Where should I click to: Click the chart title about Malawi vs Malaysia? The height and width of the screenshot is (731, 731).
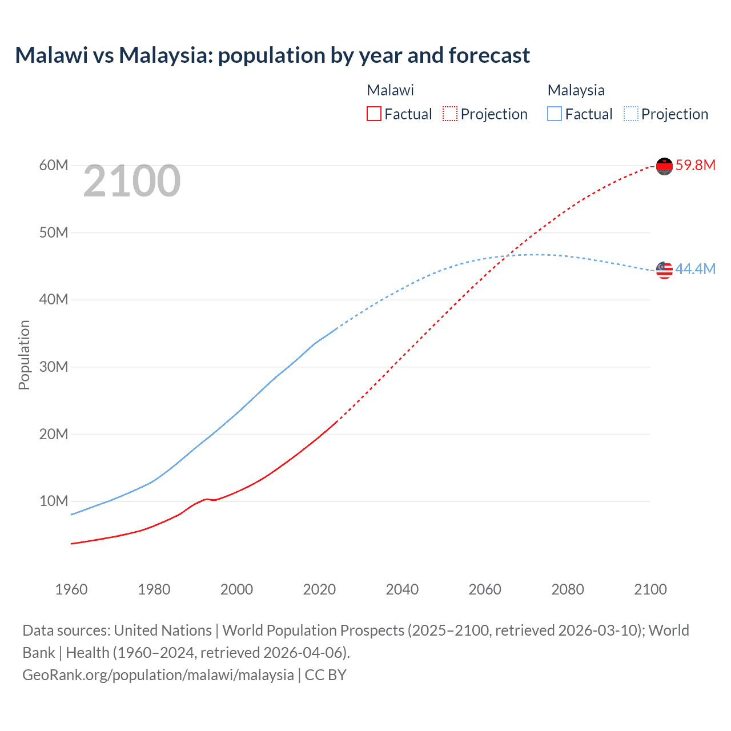272,55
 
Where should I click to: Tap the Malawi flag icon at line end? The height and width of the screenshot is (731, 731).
664,166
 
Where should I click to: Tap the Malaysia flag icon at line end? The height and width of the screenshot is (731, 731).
664,270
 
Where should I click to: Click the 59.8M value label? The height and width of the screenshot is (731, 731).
695,166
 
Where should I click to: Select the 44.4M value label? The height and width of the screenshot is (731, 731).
695,269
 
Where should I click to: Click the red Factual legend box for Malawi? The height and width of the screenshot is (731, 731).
373,114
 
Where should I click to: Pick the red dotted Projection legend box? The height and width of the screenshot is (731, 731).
450,114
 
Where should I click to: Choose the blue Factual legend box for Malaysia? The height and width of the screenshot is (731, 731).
555,114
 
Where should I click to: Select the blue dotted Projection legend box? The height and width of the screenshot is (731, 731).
630,114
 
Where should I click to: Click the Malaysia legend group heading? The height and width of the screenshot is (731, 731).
576,90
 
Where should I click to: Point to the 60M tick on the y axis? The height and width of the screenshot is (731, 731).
54,166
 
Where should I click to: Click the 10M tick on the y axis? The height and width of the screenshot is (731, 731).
54,501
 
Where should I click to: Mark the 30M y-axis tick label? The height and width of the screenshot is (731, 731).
54,367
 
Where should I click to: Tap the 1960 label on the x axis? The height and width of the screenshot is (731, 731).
71,589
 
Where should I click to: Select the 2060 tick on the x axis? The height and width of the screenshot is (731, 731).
485,589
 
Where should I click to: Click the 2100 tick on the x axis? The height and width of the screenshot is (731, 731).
650,589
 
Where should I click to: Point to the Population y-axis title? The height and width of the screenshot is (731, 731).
24,355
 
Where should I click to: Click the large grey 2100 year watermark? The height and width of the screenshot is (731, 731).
132,182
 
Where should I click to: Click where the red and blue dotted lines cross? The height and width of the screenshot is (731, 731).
507,256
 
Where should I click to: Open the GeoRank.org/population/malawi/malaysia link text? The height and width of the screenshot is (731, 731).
158,675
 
